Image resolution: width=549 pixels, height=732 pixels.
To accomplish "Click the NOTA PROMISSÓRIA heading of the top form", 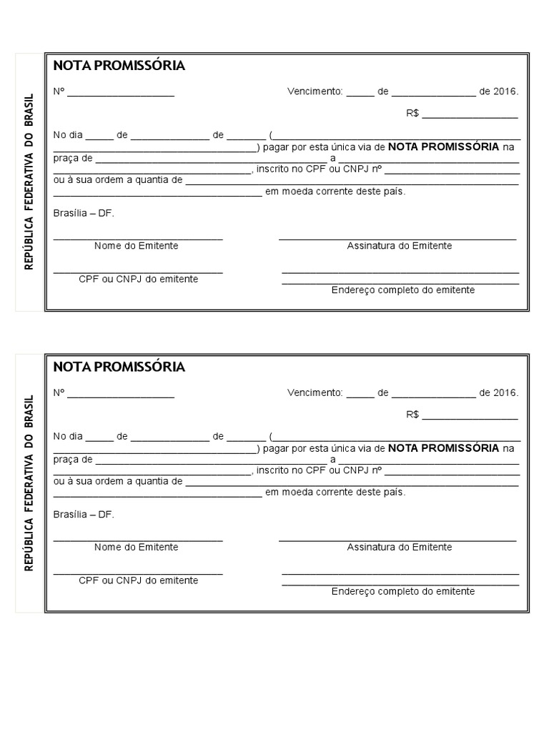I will coord(119,66).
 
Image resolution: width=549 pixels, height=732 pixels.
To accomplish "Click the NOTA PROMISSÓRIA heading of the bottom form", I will coord(119,367).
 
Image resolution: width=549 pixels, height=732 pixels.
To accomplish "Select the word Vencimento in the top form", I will coord(315,91).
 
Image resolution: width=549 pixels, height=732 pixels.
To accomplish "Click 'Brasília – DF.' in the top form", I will coord(84,213).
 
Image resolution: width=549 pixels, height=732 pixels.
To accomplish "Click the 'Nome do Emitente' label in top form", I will coord(137,246).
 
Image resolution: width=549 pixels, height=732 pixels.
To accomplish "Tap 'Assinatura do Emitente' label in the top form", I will coord(399,246).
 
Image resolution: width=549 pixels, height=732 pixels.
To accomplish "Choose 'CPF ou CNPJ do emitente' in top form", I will coord(138,279).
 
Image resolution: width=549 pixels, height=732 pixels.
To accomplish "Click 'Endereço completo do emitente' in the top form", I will coord(402,290).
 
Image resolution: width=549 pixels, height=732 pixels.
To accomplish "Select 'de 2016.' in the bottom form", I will coord(498,393).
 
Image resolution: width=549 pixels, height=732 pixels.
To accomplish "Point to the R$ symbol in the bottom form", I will coord(412,415).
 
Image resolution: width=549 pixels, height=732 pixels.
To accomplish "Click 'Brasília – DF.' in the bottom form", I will coord(84,514).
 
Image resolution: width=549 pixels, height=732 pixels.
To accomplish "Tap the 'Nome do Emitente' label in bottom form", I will coord(137,547).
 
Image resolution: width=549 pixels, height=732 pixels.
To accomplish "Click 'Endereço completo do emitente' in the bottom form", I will coord(402,591).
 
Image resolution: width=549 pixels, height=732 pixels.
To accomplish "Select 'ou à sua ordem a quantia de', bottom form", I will coord(118,481).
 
